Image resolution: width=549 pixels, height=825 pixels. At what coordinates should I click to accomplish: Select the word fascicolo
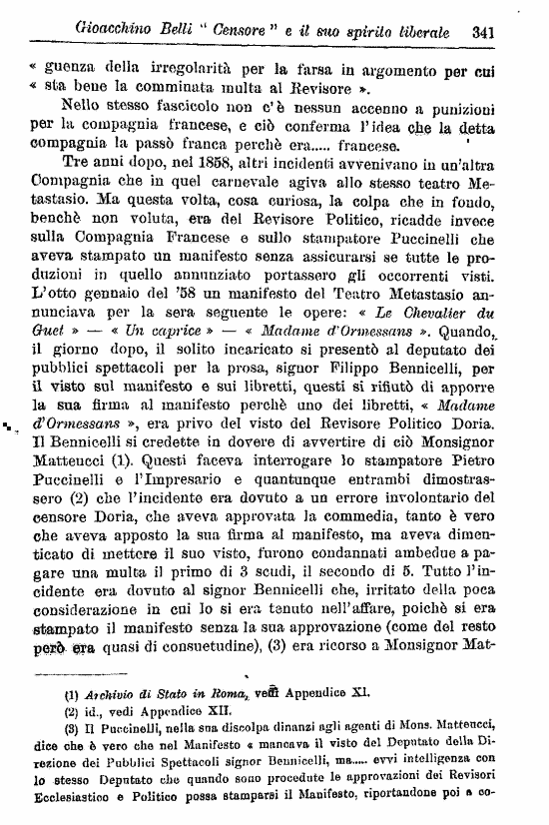coord(150,107)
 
